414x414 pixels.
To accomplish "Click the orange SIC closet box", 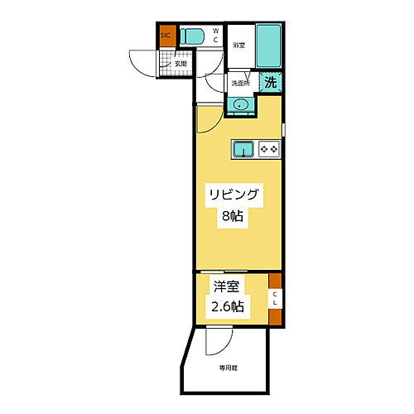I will tap(166, 36).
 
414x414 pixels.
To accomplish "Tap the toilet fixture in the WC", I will tap(194, 36).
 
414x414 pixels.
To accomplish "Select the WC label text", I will tap(214, 36).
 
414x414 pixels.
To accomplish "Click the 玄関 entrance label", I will tap(180, 63).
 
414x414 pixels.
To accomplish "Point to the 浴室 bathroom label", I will tap(239, 45).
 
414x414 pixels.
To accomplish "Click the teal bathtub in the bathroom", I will tap(268, 46).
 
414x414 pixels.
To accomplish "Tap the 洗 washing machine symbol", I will tap(271, 82).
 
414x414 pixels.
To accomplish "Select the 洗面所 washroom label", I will tap(240, 83).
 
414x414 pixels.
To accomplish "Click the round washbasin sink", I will tap(241, 104).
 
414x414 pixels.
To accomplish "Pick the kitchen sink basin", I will tap(243, 149).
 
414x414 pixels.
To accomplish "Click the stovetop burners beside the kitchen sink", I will tap(270, 149).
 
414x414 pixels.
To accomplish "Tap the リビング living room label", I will tap(234, 196).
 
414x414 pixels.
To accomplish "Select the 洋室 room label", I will tap(225, 289).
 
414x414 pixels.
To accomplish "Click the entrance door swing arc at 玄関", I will tap(141, 63).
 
